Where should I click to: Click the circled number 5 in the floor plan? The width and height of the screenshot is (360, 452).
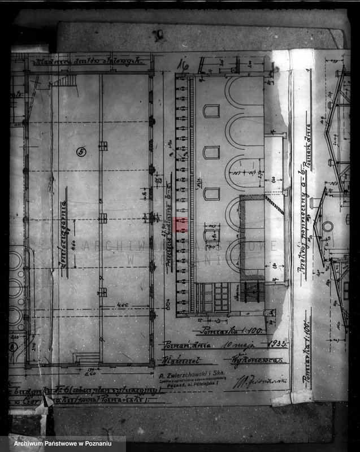(81, 151)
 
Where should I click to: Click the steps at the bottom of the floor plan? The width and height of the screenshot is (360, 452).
(87, 358)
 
